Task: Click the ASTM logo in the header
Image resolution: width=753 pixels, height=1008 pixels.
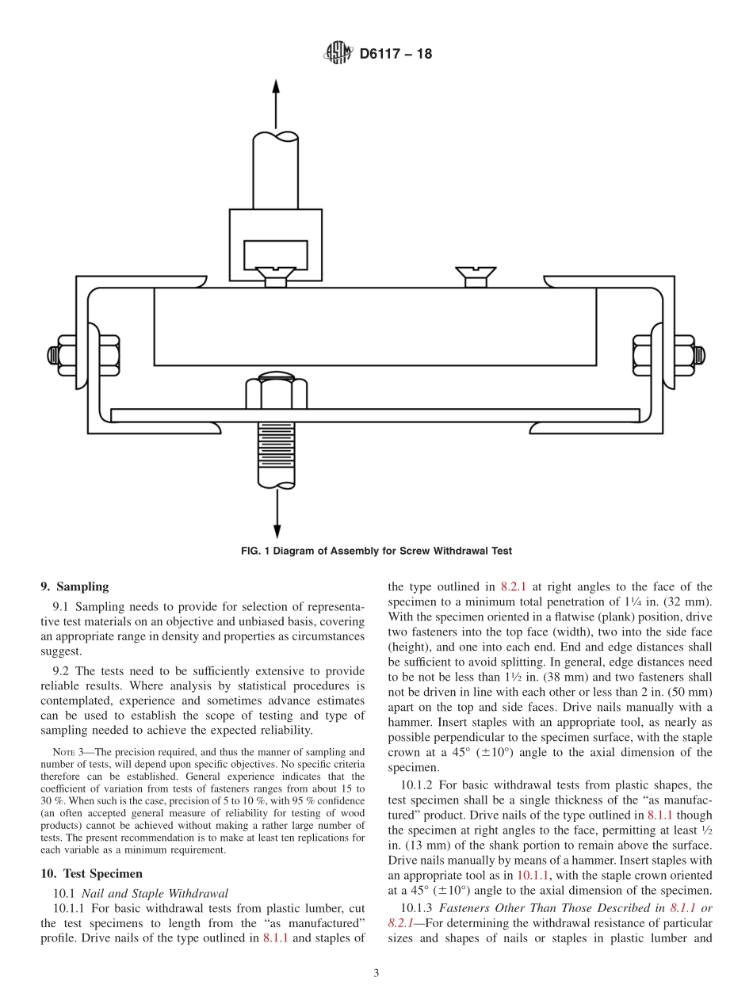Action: click(x=338, y=54)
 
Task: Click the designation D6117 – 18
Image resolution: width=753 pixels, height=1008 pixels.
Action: click(x=396, y=55)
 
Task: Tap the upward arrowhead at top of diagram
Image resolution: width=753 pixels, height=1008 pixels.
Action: click(x=276, y=88)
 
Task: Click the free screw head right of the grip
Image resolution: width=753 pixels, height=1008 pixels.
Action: click(x=475, y=276)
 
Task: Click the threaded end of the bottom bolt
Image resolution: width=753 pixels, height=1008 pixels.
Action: click(x=276, y=455)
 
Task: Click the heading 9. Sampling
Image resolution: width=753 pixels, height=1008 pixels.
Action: click(x=75, y=587)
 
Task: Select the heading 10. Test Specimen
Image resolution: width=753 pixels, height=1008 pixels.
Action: click(x=91, y=873)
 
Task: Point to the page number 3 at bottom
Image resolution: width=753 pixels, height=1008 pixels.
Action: click(x=376, y=974)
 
